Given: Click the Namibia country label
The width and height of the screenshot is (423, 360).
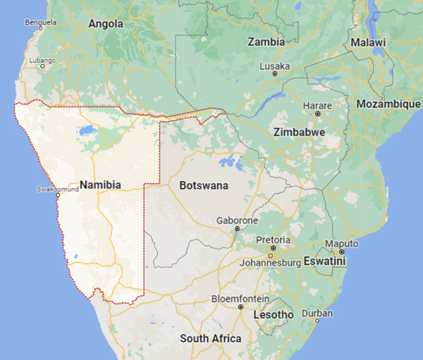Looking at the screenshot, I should pos(101,185).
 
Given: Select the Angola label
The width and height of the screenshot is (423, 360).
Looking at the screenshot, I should pos(106,23).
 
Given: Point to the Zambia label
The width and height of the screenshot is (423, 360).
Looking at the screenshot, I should pos(266,42).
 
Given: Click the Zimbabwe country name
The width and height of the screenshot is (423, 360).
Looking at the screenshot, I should pos(299,132).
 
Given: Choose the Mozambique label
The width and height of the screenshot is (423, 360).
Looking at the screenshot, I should pos(388,104).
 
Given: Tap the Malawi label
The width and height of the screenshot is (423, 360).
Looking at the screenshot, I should pos(369,42).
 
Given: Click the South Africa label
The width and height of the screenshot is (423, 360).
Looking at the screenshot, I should pos(210,339).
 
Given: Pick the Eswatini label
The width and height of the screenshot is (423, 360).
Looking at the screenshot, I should pos(325,261).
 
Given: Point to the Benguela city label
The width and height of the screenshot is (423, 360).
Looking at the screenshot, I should pos(39,23).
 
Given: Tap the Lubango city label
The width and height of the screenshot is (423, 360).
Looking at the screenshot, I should pos(42,61).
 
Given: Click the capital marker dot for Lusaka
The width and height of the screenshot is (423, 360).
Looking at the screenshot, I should pos(276,73).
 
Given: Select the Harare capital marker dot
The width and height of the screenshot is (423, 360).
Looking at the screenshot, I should pos(318,113).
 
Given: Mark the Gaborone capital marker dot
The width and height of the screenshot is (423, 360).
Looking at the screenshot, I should pos(237,228).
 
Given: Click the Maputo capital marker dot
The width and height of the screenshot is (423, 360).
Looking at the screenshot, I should pos(341,252).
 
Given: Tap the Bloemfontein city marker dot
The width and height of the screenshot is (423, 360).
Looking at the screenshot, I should pos(240,307).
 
